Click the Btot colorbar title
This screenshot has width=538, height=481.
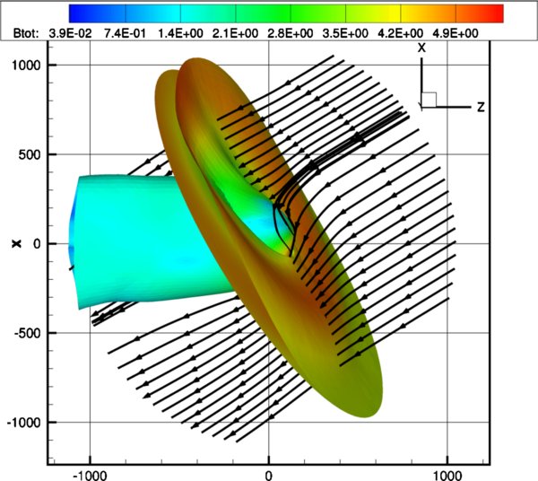[18, 32]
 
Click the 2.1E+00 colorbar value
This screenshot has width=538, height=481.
[236, 32]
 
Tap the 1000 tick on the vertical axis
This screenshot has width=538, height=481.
[24, 66]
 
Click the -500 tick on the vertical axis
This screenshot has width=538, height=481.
[25, 333]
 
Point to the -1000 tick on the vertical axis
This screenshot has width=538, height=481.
[22, 422]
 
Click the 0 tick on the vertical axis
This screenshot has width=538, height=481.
[37, 244]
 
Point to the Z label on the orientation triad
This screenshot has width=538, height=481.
[482, 107]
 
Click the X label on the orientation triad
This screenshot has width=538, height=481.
[421, 48]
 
